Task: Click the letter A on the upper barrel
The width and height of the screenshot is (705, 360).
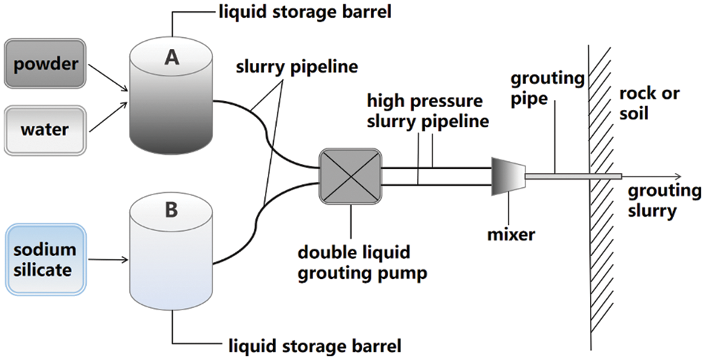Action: tap(172, 59)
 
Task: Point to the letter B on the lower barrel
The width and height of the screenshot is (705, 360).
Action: tap(171, 210)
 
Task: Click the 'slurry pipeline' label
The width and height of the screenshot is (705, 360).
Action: tap(296, 67)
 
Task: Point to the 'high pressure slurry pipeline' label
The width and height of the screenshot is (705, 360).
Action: tap(424, 111)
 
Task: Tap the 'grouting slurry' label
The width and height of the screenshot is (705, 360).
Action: tap(663, 200)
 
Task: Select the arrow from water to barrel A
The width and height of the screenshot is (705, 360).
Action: tap(108, 117)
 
